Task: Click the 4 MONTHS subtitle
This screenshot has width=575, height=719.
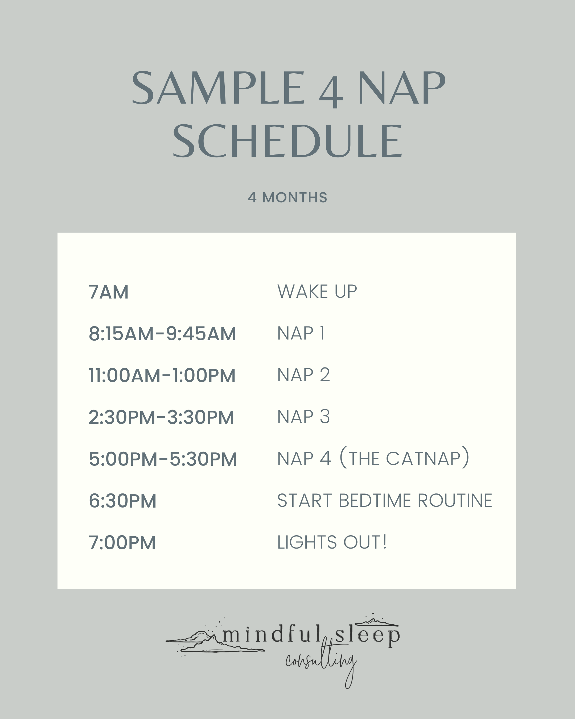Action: coord(287,197)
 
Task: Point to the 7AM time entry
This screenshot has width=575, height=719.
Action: coord(109,292)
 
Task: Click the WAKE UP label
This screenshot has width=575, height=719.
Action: coord(317,292)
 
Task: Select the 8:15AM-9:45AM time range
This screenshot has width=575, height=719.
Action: coord(162,334)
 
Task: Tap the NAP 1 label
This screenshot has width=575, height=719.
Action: coord(301,333)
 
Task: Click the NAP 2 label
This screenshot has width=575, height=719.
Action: coord(303,375)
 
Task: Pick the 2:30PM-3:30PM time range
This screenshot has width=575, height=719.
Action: coord(161,417)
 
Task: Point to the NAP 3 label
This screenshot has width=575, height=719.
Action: coord(303,417)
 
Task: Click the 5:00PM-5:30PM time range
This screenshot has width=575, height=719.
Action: coord(163,459)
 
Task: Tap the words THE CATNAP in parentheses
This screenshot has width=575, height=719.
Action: coord(405,459)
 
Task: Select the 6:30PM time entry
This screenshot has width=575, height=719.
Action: coord(122,501)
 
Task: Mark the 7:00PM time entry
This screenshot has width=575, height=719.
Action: coord(122,543)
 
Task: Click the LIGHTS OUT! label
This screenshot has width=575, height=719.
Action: coord(332,542)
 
